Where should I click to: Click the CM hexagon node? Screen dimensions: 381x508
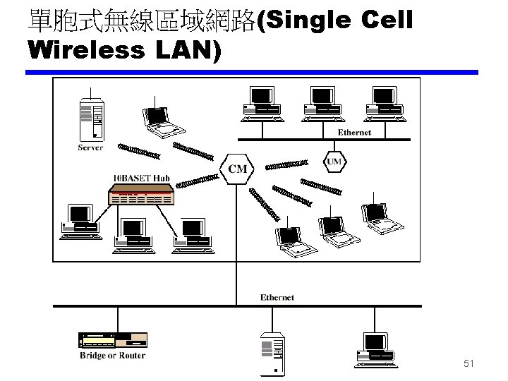pos(238,168)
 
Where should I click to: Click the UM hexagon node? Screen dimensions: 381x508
pos(334,162)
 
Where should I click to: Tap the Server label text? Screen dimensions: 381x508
pos(90,147)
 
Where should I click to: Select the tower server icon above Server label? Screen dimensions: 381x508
pos(92,119)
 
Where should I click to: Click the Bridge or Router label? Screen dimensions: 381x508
pos(112,356)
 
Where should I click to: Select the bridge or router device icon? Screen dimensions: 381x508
pos(112,339)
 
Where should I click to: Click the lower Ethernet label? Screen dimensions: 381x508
pos(277,297)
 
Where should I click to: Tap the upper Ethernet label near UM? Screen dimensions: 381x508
pos(354,132)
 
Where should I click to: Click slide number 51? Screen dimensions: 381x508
pos(468,364)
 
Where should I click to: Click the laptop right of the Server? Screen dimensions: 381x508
pos(162,121)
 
